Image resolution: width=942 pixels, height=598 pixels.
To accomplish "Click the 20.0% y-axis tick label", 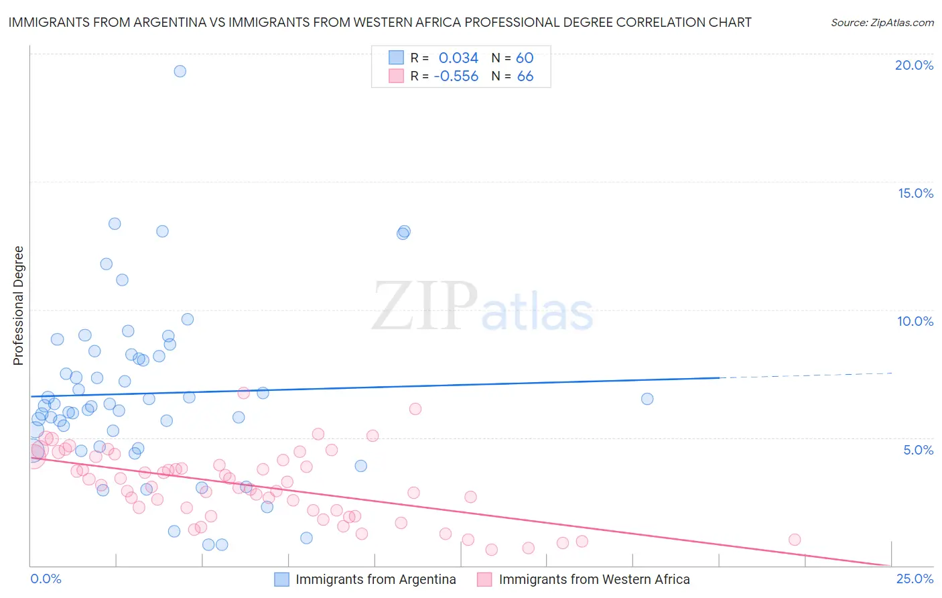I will [x=914, y=65].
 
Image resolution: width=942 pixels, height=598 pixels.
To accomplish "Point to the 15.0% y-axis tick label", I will [x=915, y=193].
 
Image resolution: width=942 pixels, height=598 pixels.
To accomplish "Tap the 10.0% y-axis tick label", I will [x=915, y=321].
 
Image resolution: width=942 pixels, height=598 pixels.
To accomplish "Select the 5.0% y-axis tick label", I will [x=918, y=450].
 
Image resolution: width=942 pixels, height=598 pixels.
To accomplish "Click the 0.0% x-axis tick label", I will [x=46, y=579].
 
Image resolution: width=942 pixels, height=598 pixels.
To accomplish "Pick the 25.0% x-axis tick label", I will [x=915, y=579].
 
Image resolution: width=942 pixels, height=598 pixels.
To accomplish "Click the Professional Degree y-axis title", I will [x=19, y=306].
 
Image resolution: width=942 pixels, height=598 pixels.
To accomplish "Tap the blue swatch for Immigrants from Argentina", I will [x=282, y=579].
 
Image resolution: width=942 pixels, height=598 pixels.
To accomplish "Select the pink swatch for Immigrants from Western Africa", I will [x=484, y=579].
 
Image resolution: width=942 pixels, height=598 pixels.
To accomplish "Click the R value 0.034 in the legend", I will [x=458, y=58].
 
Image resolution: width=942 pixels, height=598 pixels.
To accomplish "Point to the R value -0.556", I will [x=456, y=76].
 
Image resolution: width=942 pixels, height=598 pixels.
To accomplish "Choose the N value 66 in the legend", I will [x=525, y=76].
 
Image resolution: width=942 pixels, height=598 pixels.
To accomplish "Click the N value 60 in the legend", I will [x=525, y=58].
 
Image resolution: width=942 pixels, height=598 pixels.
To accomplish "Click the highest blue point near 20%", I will [x=180, y=71].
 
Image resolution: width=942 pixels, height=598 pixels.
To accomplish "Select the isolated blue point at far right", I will [x=647, y=399].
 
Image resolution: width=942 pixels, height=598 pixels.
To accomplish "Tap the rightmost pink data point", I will [x=795, y=540].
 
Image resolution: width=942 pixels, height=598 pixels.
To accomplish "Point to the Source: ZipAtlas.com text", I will [x=882, y=22].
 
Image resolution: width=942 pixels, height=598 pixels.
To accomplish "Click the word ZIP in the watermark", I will [x=425, y=306].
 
